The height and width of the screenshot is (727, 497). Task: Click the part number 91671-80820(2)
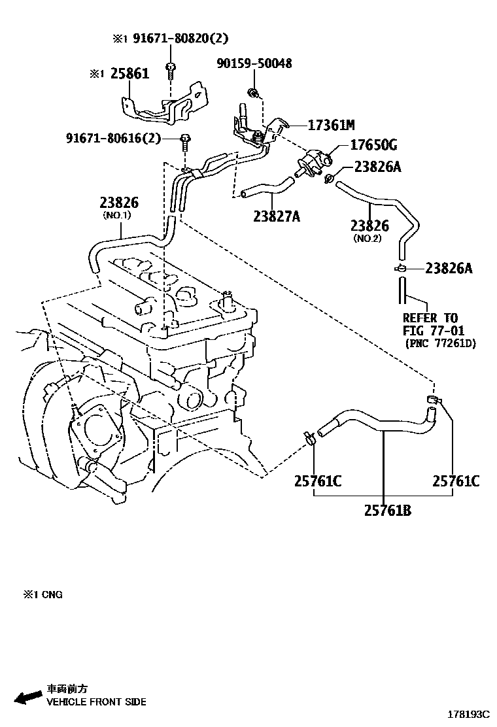[x=180, y=39]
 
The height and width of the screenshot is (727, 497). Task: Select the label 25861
[x=129, y=73]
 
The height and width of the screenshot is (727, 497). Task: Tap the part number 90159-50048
[x=254, y=63]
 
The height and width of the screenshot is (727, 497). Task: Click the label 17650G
[x=373, y=144]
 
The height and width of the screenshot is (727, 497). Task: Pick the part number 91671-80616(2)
[x=113, y=138]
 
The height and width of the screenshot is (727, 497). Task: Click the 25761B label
[x=388, y=511]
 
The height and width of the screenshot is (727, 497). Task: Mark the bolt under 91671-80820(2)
[x=171, y=69]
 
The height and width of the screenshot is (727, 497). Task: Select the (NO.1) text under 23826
[x=117, y=215]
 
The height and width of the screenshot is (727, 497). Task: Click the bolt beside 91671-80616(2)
[x=186, y=139]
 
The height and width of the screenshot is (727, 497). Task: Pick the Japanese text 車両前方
[x=67, y=689]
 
